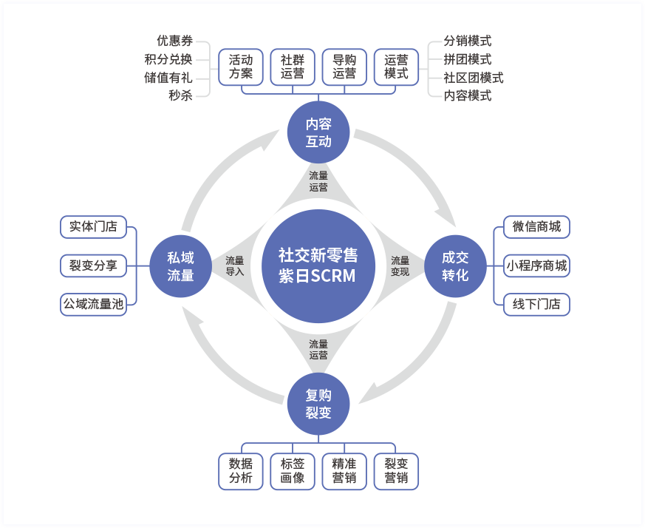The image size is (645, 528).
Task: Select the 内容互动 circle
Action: [x=318, y=132]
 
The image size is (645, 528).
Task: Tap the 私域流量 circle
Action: [x=180, y=266]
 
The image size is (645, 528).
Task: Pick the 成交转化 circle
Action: [x=455, y=266]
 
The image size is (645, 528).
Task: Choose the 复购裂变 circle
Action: [x=318, y=404]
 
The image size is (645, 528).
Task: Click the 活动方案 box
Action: [x=241, y=67]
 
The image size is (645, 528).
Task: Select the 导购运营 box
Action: [x=344, y=67]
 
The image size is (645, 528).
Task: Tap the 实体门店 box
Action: [x=93, y=227]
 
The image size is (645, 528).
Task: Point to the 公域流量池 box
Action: [x=93, y=304]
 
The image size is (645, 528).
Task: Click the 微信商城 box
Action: [x=536, y=227]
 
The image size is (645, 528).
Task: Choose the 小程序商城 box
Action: [x=536, y=265]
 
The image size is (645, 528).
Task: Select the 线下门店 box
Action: [x=536, y=304]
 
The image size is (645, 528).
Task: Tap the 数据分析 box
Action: [x=241, y=471]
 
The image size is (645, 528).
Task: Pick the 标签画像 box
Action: [x=293, y=471]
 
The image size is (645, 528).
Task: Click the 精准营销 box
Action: [x=344, y=471]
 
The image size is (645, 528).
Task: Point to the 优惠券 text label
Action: [x=174, y=41]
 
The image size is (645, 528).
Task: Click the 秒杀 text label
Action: [x=180, y=95]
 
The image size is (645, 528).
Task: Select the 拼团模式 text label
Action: [x=468, y=59]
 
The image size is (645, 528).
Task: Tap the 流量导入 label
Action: [x=235, y=266]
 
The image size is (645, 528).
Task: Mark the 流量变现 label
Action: [x=400, y=266]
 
